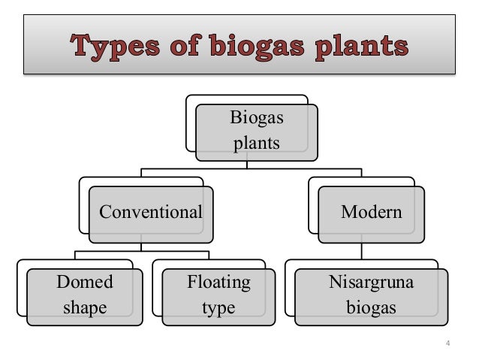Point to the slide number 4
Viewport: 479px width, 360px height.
tap(448, 344)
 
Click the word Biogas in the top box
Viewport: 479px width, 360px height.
tap(256, 118)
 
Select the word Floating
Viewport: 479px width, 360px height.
tap(219, 283)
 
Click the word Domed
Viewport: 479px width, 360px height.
tap(85, 283)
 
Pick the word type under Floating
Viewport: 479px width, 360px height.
tap(219, 308)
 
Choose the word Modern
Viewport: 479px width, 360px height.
tap(371, 212)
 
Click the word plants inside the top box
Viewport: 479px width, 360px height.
tap(256, 143)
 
